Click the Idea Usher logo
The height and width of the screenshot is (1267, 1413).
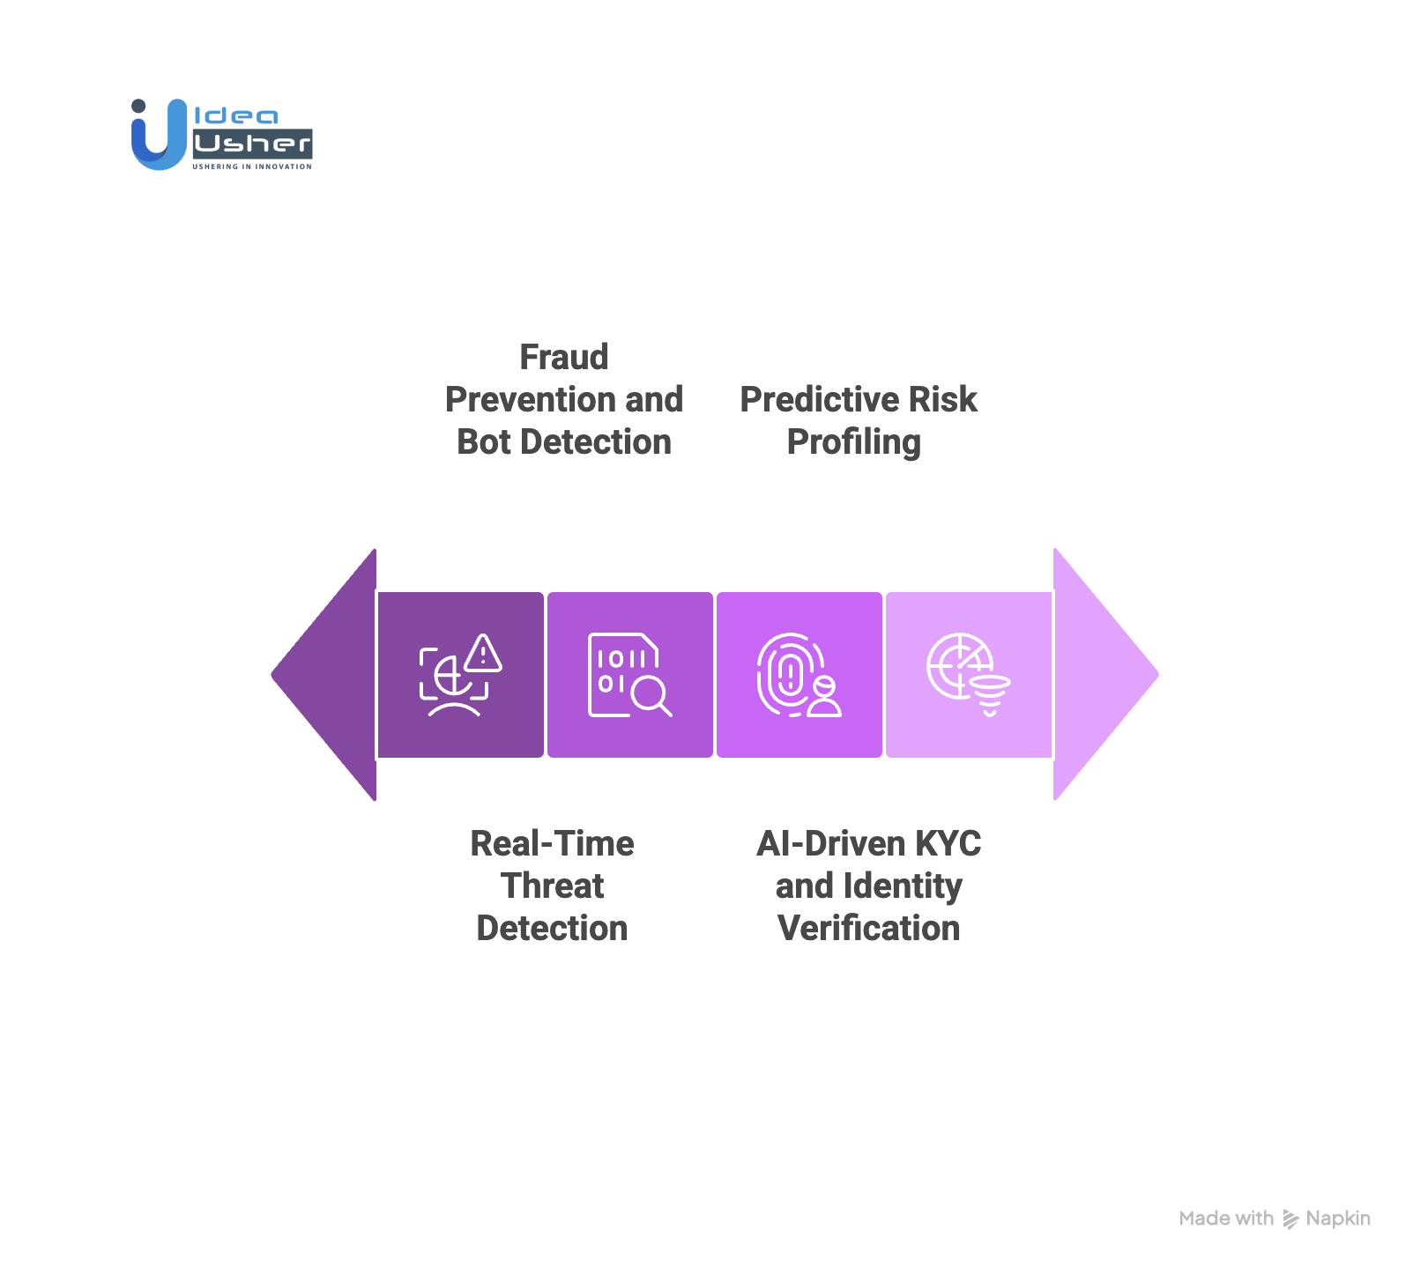coord(221,134)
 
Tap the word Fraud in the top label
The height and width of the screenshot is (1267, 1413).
coord(564,358)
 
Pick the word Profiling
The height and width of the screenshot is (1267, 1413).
coord(853,442)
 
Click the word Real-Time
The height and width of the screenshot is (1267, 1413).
coord(553,844)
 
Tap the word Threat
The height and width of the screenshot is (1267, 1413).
coord(553,886)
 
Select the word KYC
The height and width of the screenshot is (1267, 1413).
coord(948,844)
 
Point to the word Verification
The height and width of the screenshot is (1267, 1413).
coord(869,929)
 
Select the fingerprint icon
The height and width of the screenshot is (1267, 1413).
coord(790,675)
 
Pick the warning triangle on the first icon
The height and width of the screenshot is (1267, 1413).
coord(483,654)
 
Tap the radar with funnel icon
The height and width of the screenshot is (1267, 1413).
coord(968,675)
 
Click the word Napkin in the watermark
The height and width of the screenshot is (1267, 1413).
coord(1338,1219)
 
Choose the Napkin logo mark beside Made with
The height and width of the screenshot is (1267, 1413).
coord(1290,1219)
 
